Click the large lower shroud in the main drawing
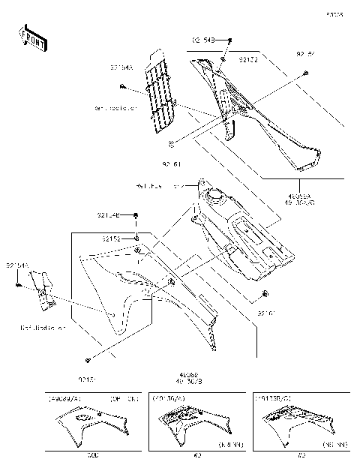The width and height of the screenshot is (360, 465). (x=142, y=292)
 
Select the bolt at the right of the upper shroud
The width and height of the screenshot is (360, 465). (x=307, y=72)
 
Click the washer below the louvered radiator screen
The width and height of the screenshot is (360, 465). (x=172, y=142)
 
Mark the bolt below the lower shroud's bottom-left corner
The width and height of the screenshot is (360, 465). (x=89, y=359)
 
